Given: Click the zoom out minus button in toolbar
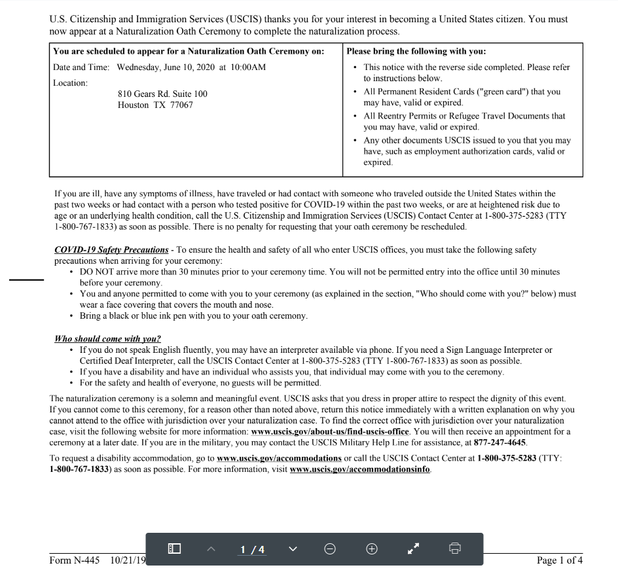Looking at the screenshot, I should point(330,549).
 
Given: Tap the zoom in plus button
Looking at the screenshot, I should point(371,549).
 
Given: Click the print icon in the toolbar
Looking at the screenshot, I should point(456,549).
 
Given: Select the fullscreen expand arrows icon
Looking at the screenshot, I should point(413,549).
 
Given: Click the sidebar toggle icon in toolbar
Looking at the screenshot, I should point(174,549).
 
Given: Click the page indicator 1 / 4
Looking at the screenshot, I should point(253,550).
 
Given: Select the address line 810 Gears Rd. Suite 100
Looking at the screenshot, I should point(162,94).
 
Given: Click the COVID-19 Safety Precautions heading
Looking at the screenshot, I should point(111,250).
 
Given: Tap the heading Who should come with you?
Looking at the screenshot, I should point(107,339).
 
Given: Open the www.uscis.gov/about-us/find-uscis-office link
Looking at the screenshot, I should point(330,432).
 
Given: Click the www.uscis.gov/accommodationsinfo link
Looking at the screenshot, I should point(360,469).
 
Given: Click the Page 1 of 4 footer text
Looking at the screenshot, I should point(559,560).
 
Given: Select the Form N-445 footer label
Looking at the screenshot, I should point(74,560).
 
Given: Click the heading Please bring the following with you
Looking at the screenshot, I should point(416,51).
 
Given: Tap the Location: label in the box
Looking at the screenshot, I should point(70,83).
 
